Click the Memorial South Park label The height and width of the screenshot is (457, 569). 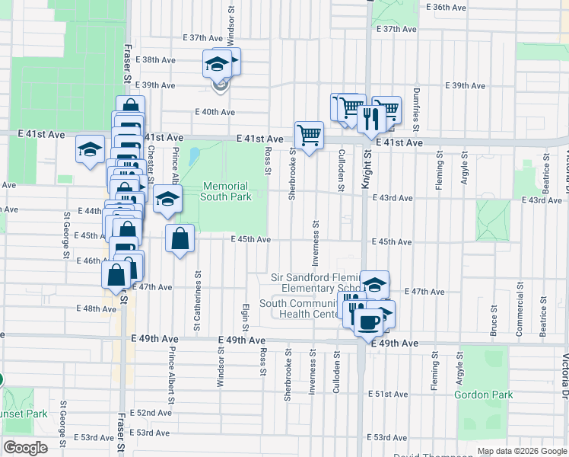[x=226, y=191]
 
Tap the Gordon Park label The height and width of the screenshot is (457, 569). [x=483, y=395]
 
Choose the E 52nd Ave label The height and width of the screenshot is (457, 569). [x=150, y=412]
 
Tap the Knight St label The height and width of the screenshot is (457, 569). [x=367, y=168]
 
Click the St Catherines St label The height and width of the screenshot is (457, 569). [x=197, y=290]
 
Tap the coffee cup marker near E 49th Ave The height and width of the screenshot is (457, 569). [x=368, y=319]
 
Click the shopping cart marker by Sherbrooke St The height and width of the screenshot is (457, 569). [x=309, y=135]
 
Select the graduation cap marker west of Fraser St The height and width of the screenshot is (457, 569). [x=90, y=148]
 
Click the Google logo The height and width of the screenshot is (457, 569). [x=26, y=448]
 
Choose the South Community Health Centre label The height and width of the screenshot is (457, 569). [x=300, y=308]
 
